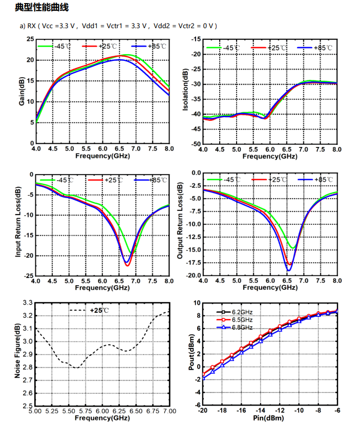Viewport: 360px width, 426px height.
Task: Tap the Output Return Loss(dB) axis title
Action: [180, 223]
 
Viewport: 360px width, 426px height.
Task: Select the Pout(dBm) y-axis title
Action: [191, 354]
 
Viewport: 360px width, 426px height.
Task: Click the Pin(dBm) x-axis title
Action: [270, 418]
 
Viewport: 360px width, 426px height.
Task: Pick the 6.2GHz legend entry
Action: [242, 312]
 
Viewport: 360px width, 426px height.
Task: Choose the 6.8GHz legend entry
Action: [242, 327]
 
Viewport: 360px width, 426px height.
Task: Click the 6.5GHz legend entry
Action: [242, 319]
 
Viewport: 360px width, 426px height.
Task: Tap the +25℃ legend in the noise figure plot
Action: [99, 310]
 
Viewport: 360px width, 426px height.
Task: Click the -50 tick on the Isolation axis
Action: [195, 144]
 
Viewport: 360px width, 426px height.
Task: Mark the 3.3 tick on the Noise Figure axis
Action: [27, 303]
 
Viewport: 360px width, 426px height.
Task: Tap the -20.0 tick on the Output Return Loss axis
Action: [194, 275]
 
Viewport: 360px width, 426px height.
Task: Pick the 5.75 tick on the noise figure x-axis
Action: [86, 411]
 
